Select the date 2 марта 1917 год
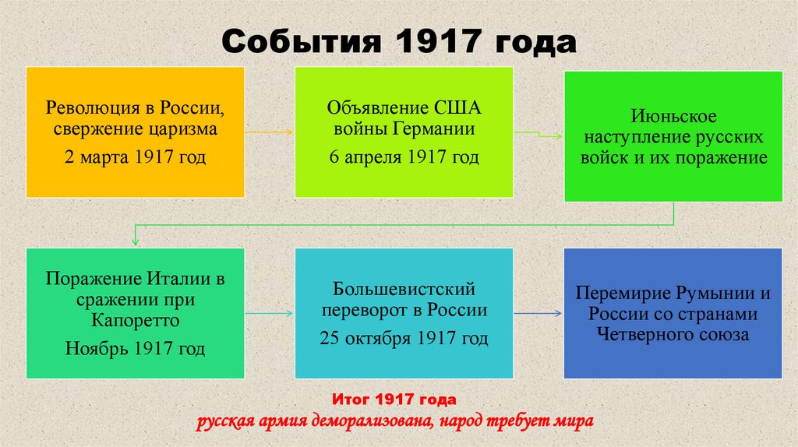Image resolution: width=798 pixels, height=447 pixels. point(135,158)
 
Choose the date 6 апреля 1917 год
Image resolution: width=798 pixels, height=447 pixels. point(404,157)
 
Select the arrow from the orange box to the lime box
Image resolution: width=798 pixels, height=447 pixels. point(269,132)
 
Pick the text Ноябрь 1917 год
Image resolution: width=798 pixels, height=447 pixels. point(135,348)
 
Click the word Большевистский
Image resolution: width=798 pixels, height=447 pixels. point(404,290)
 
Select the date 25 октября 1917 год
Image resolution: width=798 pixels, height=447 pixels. point(404,339)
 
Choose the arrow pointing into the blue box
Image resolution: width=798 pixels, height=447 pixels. point(538,314)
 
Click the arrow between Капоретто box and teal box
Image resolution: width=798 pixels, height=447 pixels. point(269,314)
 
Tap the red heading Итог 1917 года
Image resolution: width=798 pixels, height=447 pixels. point(394,400)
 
